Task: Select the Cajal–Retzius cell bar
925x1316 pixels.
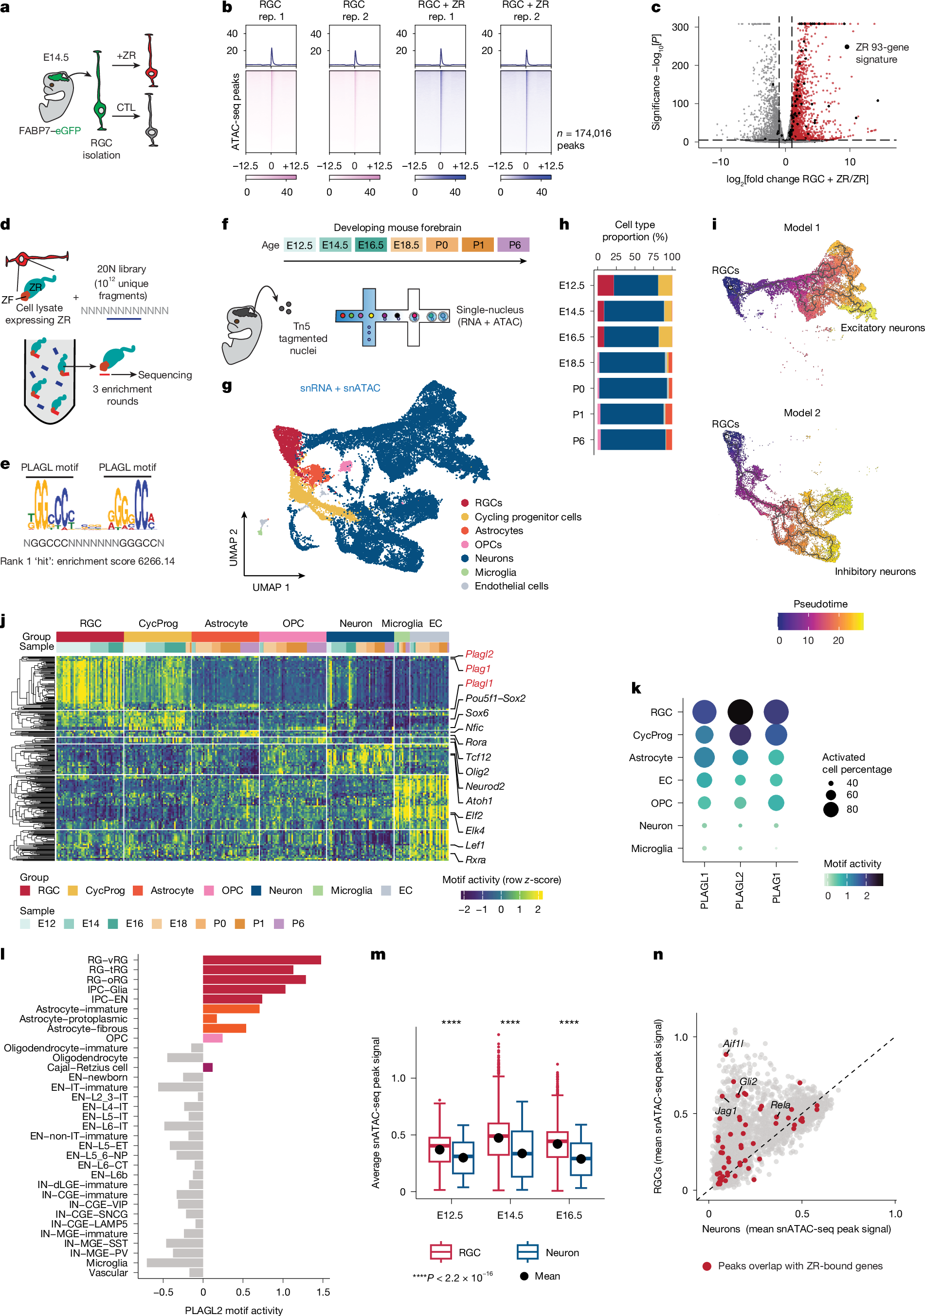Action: click(208, 1067)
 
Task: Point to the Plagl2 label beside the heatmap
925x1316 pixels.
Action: click(479, 654)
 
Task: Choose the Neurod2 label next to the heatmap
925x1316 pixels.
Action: click(485, 786)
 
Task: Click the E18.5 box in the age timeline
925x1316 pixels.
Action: click(406, 245)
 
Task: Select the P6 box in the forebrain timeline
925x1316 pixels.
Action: click(514, 245)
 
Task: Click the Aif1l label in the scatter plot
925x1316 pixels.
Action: click(733, 1044)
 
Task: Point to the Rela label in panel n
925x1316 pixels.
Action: click(780, 1104)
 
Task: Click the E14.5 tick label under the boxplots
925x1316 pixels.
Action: click(510, 1214)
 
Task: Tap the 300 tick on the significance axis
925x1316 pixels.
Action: click(680, 27)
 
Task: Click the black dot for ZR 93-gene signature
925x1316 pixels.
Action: click(847, 46)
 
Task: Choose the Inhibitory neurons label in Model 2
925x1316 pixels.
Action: click(875, 571)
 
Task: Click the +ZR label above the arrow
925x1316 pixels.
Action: click(126, 55)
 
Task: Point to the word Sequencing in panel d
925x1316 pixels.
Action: click(164, 375)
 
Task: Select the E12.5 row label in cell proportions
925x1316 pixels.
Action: click(572, 285)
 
